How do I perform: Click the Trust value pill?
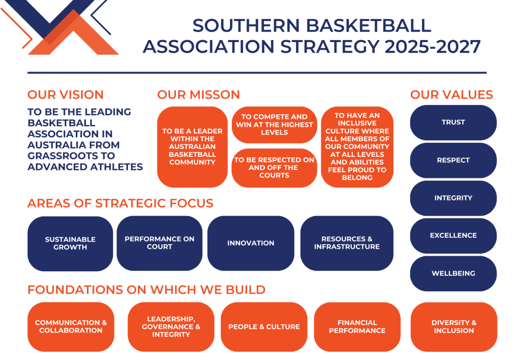[x=453, y=122]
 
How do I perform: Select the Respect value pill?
[x=453, y=160]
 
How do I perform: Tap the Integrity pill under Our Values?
[x=453, y=198]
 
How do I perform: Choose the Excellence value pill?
[x=453, y=236]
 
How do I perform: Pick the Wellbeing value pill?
[x=453, y=273]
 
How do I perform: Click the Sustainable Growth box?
[x=70, y=244]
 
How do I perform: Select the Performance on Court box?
[x=159, y=243]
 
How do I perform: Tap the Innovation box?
[x=251, y=243]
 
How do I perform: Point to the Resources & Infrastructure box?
[x=347, y=243]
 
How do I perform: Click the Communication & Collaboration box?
[x=71, y=327]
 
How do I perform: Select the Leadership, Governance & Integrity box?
[x=171, y=327]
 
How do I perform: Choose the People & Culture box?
[x=264, y=327]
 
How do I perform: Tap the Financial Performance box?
[x=357, y=327]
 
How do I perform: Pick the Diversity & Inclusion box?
[x=454, y=327]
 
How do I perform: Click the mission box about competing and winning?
[x=275, y=125]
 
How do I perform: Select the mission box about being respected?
[x=275, y=168]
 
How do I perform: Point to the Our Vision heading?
[x=66, y=95]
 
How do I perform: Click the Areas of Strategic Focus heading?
[x=120, y=203]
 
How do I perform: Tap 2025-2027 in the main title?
[x=433, y=47]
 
